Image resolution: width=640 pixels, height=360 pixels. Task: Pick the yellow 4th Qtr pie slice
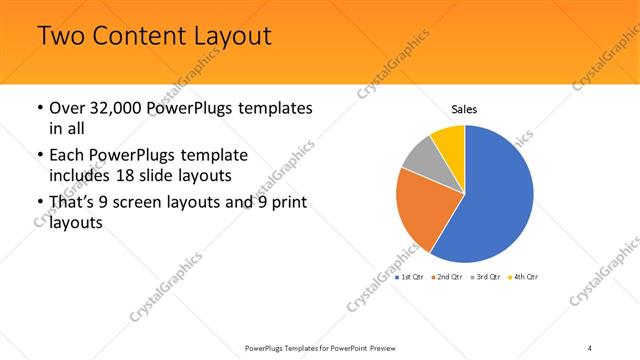point(449,140)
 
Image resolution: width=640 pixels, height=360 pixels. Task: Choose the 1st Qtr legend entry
point(412,276)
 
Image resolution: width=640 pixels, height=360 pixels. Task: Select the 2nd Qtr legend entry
point(449,276)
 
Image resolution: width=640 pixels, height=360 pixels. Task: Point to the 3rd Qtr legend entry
point(487,276)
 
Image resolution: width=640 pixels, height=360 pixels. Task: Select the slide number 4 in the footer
point(590,348)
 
